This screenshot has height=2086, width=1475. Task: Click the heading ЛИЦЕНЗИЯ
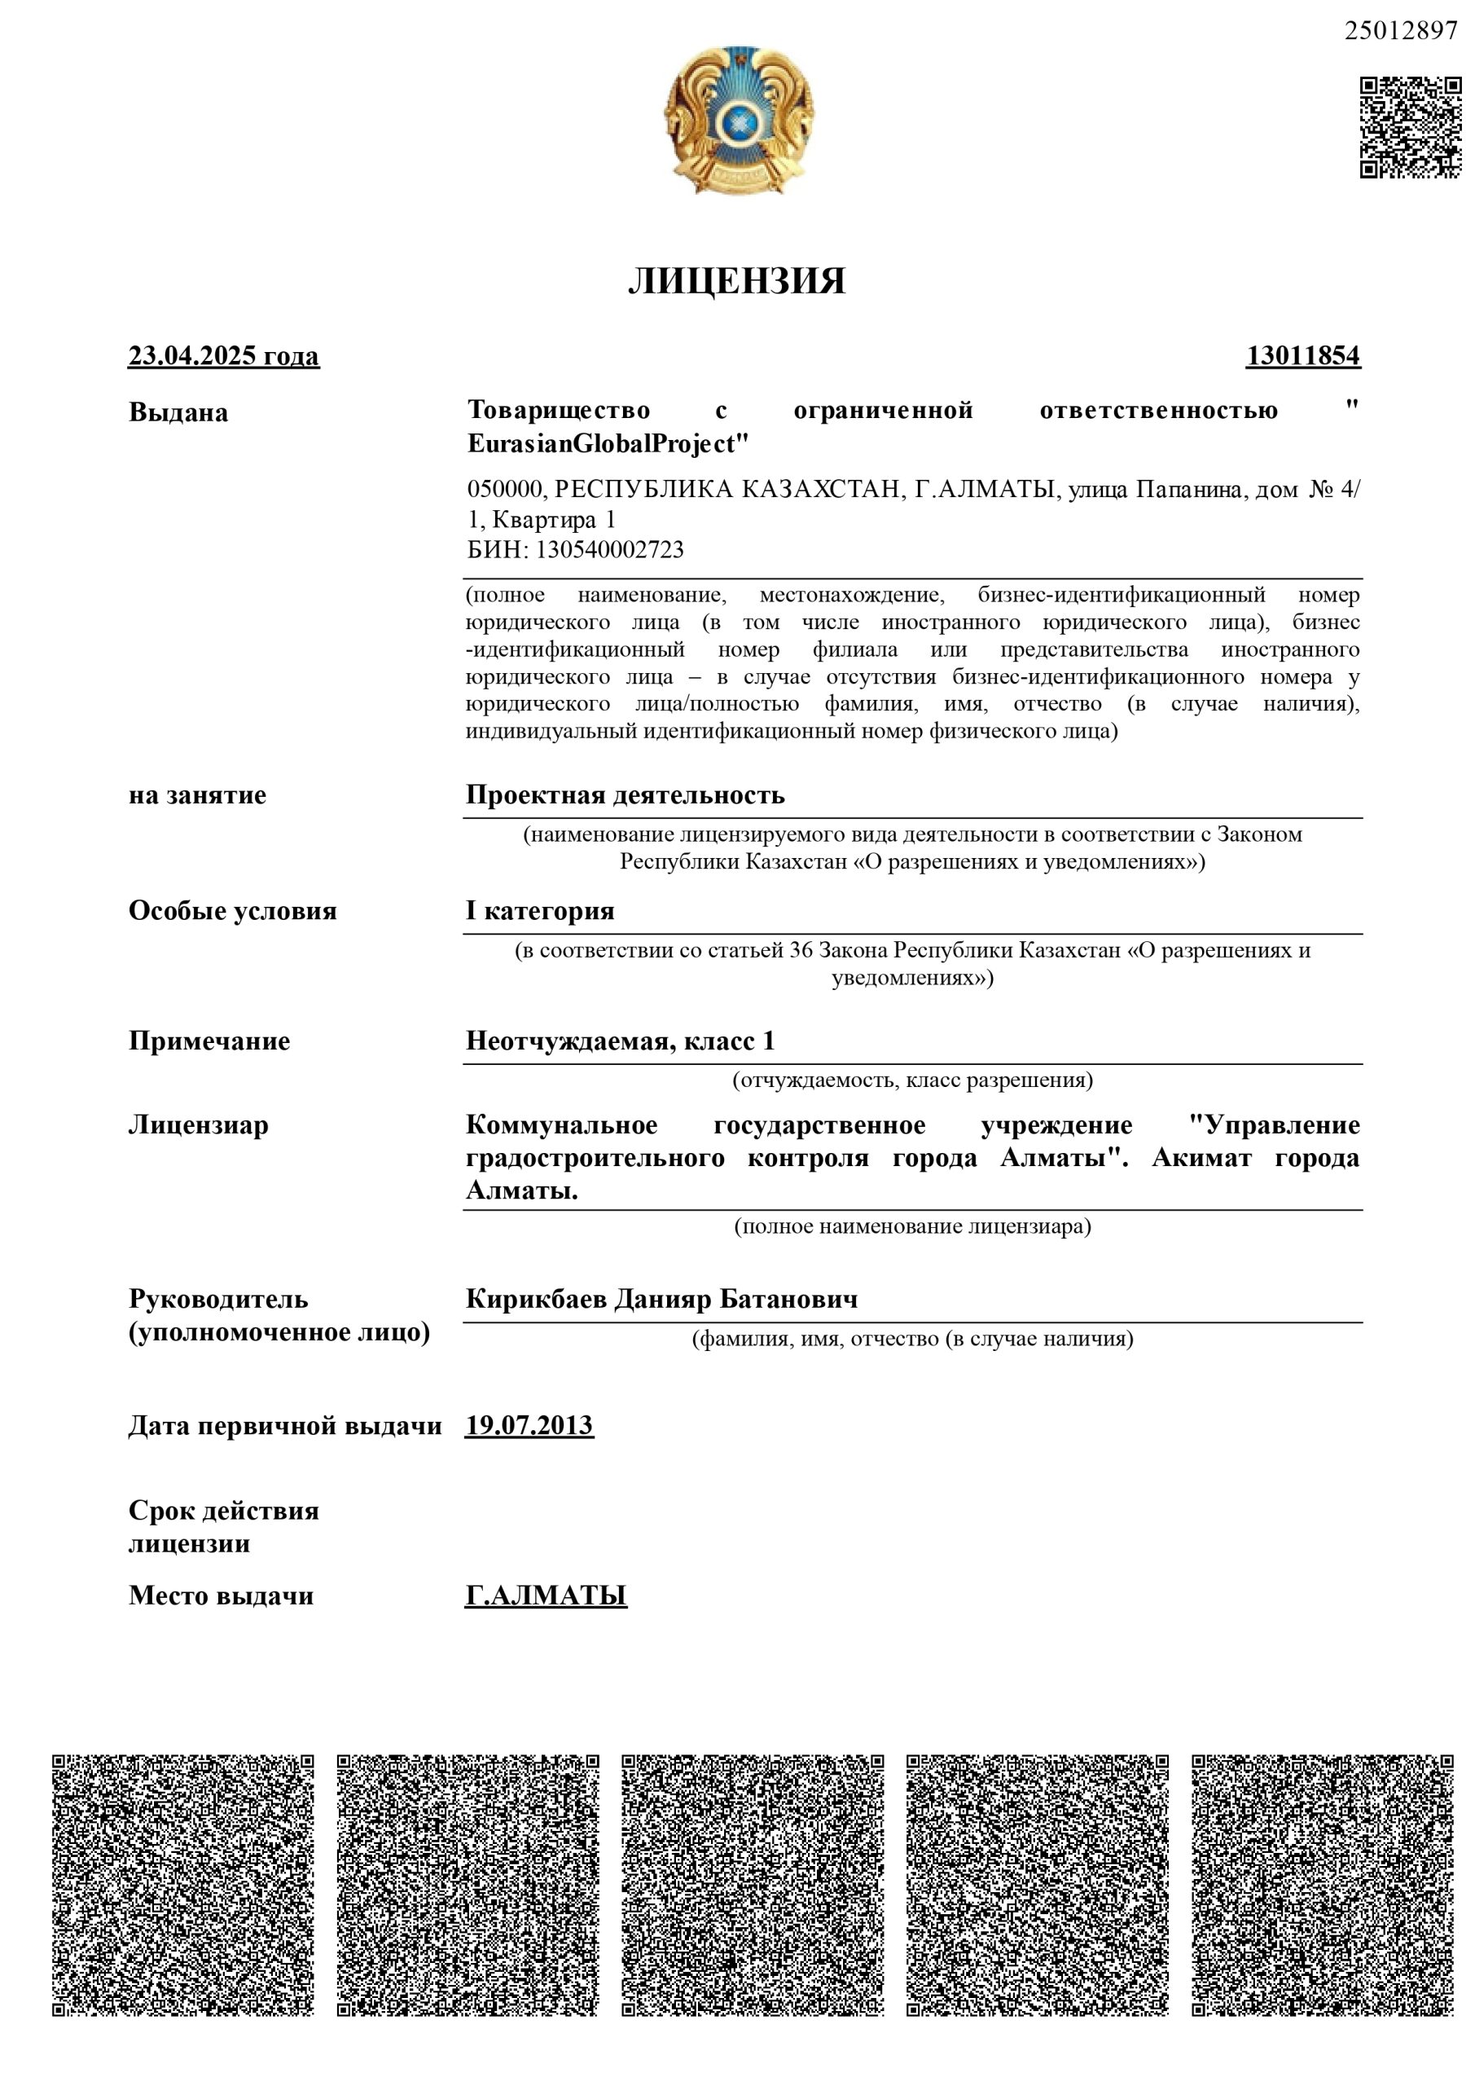pyautogui.click(x=736, y=281)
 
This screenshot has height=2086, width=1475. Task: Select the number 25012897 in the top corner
pyautogui.click(x=1401, y=31)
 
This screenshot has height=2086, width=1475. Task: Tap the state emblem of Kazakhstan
pyautogui.click(x=739, y=119)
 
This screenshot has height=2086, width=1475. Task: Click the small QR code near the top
pyautogui.click(x=1410, y=127)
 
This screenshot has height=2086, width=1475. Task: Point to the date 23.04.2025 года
pyautogui.click(x=223, y=355)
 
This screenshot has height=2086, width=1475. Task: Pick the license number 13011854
pyautogui.click(x=1302, y=355)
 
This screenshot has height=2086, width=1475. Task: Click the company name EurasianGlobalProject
pyautogui.click(x=607, y=444)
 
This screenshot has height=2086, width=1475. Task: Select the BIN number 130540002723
pyautogui.click(x=609, y=550)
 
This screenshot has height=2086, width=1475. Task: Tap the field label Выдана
pyautogui.click(x=178, y=412)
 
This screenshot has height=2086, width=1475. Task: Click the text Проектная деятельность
pyautogui.click(x=625, y=795)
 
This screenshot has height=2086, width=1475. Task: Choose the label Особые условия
pyautogui.click(x=232, y=910)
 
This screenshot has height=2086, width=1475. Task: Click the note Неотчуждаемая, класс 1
pyautogui.click(x=621, y=1041)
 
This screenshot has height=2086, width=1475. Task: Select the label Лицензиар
pyautogui.click(x=198, y=1124)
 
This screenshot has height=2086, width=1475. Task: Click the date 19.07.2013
pyautogui.click(x=529, y=1424)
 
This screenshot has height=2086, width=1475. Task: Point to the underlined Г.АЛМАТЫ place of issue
pyautogui.click(x=546, y=1595)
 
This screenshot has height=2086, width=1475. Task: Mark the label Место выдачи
pyautogui.click(x=221, y=1595)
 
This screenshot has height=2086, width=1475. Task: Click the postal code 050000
pyautogui.click(x=505, y=490)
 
